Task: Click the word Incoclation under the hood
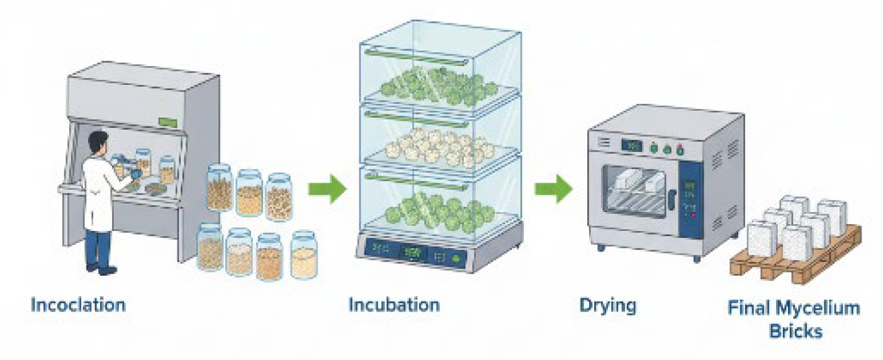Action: click(78, 306)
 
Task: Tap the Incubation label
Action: click(394, 306)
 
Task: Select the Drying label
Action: click(607, 307)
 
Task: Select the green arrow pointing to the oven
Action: click(553, 188)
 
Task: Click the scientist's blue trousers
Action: click(99, 249)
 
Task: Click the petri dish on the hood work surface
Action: click(154, 188)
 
